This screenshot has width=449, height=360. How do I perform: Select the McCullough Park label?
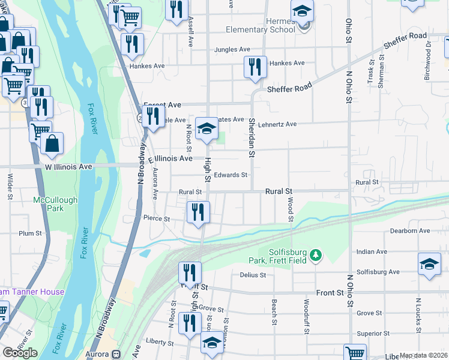click(x=49, y=204)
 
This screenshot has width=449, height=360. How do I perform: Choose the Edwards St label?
click(x=231, y=175)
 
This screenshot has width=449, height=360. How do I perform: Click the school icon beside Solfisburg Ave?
click(x=429, y=264)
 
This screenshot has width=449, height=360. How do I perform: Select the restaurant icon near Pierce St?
click(x=198, y=212)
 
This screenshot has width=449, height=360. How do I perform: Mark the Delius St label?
click(x=253, y=275)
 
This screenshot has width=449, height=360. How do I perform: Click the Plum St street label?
click(x=30, y=233)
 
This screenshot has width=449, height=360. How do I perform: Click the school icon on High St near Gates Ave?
click(x=206, y=128)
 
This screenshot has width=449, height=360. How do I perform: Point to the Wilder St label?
click(x=10, y=187)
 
